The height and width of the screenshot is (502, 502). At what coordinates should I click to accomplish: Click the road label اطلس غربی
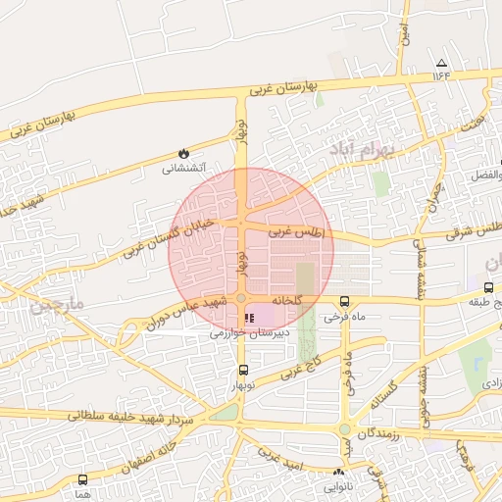click(x=296, y=233)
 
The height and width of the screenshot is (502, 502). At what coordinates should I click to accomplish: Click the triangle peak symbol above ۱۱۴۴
click(x=441, y=62)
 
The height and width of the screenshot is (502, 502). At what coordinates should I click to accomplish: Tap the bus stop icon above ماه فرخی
click(x=344, y=302)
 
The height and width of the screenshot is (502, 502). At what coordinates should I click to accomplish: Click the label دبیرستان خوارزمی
click(x=245, y=333)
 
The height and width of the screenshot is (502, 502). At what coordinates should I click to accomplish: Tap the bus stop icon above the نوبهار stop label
click(x=243, y=370)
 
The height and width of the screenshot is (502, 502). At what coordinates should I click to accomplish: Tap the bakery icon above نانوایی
click(x=339, y=472)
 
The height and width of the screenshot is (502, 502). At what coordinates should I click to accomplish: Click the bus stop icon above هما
click(x=82, y=480)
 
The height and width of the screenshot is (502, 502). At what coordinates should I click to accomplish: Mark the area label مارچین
click(x=60, y=305)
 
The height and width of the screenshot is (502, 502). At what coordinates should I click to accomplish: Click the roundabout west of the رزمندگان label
click(x=345, y=429)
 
